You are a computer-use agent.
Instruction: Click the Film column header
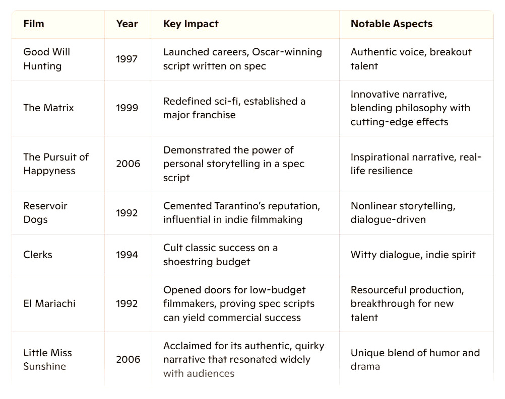(x=34, y=24)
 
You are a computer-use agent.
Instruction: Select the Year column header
(x=127, y=24)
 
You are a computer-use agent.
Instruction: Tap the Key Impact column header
(x=191, y=24)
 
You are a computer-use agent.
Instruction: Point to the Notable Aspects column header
(x=392, y=24)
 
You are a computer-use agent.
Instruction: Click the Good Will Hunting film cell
(x=47, y=59)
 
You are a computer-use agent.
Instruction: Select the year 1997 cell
(x=127, y=59)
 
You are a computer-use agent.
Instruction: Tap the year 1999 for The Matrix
(x=127, y=108)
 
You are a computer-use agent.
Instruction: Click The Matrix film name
(x=48, y=108)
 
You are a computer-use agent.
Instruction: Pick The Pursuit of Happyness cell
(x=55, y=164)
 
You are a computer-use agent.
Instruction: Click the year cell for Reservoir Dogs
(x=127, y=213)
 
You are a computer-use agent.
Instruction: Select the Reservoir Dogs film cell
(x=45, y=212)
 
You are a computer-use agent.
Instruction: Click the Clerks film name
(x=38, y=255)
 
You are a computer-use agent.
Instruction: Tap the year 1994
(x=127, y=255)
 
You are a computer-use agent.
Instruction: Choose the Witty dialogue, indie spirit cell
(x=413, y=255)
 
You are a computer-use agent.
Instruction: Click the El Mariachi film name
(x=49, y=303)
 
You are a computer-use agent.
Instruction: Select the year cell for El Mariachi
(x=127, y=303)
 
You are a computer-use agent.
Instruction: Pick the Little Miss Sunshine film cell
(x=47, y=359)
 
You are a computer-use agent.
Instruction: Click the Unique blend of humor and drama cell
(x=415, y=359)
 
